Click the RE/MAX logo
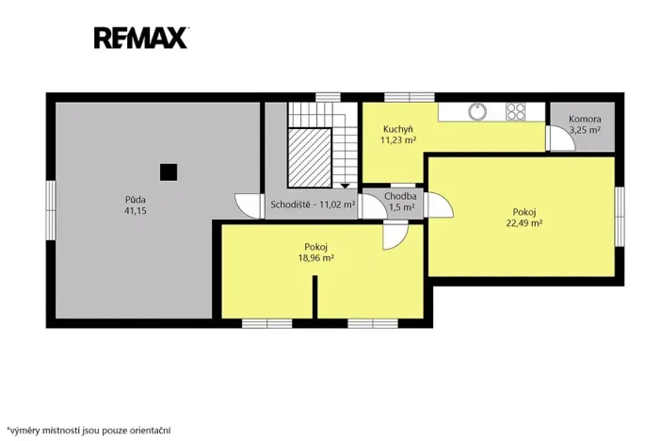[x=141, y=38]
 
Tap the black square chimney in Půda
[x=169, y=172]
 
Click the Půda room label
[x=136, y=200]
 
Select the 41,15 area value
[x=136, y=210]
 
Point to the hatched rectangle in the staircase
[x=310, y=157]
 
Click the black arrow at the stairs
[x=345, y=186]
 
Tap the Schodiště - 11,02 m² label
[x=313, y=205]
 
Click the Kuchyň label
[x=398, y=129]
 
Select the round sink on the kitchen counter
[x=477, y=112]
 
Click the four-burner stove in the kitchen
[x=516, y=112]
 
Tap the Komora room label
[x=585, y=119]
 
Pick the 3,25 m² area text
[x=585, y=130]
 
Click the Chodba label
[x=400, y=196]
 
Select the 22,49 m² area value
[x=524, y=223]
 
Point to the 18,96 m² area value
[x=316, y=258]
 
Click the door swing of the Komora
[x=560, y=138]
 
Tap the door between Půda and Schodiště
[x=250, y=206]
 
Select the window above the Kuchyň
[x=410, y=97]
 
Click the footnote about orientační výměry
[x=89, y=431]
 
